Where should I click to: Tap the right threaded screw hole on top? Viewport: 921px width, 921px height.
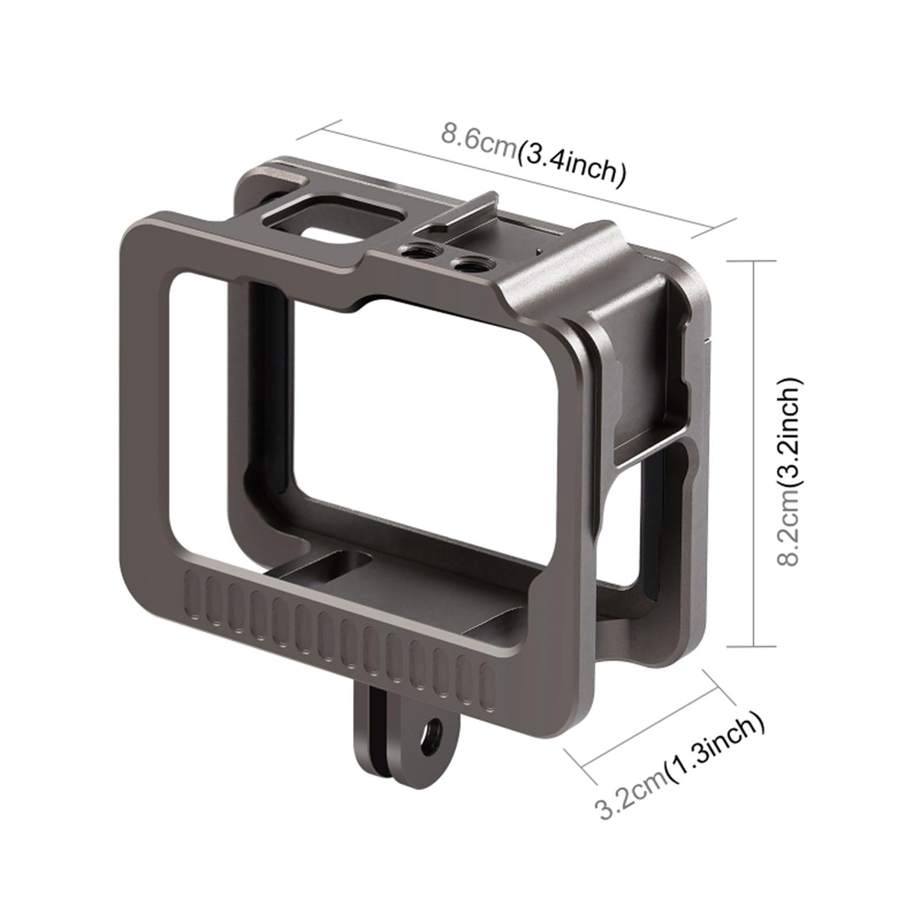[x=465, y=264]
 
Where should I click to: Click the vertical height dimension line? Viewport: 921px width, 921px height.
[x=753, y=455]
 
